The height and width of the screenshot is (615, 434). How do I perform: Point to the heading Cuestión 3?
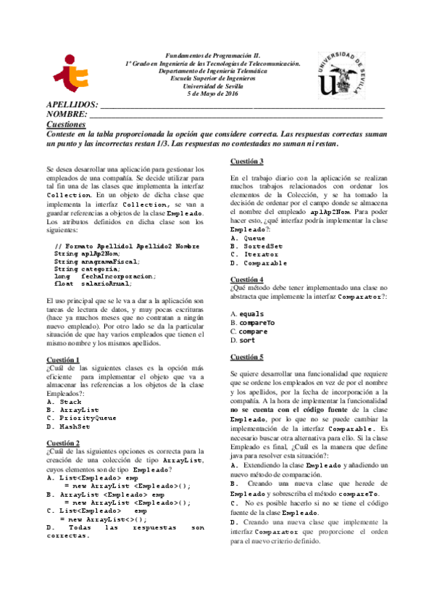pos(247,161)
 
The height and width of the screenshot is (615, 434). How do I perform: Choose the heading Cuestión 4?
pos(247,279)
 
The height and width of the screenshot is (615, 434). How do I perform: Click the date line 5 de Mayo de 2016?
pos(212,95)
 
